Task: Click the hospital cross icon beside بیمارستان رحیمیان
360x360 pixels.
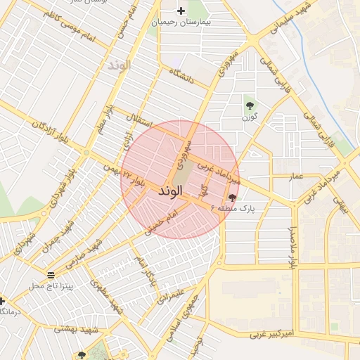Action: point(181,11)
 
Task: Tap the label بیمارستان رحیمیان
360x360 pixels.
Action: point(181,23)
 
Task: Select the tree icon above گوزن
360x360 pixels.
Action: point(250,105)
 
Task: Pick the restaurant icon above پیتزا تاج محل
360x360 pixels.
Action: point(51,274)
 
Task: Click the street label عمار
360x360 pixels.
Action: point(295,176)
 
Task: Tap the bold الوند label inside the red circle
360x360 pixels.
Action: point(155,191)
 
